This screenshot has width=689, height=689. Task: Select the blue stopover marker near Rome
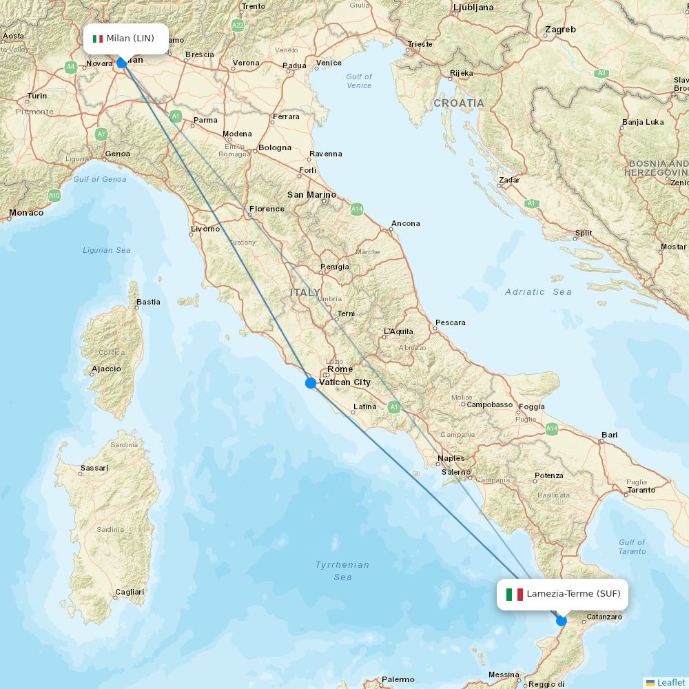311,383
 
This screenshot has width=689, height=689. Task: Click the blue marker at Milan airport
122,63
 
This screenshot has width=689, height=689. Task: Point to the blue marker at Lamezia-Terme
562,621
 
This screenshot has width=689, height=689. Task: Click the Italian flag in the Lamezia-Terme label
514,594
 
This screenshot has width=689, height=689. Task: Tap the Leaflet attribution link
670,682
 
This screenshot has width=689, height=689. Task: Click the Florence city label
267,209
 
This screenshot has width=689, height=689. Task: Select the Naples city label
451,458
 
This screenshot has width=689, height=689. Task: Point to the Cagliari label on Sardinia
130,592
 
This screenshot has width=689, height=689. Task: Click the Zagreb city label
559,30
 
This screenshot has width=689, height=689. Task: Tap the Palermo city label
398,679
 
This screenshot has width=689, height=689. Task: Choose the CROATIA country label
458,103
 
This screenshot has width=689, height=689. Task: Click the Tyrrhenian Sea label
342,570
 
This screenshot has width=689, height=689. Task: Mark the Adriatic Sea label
538,292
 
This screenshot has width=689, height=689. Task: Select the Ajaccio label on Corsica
106,369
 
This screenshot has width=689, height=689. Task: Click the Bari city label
609,435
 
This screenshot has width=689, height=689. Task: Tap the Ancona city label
405,223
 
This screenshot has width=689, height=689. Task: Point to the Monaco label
26,213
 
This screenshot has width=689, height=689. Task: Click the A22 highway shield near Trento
238,25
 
